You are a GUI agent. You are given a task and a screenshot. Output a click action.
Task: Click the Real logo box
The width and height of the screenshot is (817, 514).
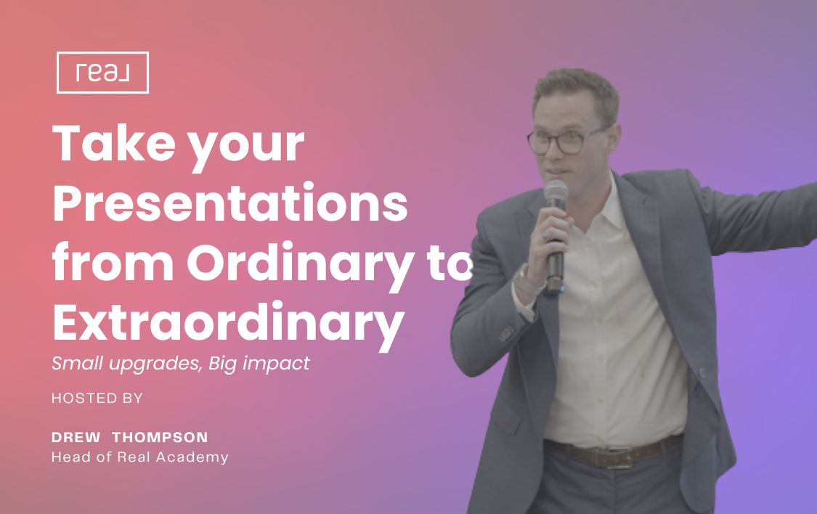point(102,73)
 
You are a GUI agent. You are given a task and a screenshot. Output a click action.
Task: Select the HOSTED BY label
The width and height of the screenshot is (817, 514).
point(97,399)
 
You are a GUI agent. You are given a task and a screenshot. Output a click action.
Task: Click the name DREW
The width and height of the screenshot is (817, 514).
point(76,438)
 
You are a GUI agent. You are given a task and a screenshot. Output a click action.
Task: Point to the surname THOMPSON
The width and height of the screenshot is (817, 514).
point(160,438)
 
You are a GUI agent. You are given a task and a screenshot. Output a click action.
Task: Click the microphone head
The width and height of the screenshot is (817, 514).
point(556,193)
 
